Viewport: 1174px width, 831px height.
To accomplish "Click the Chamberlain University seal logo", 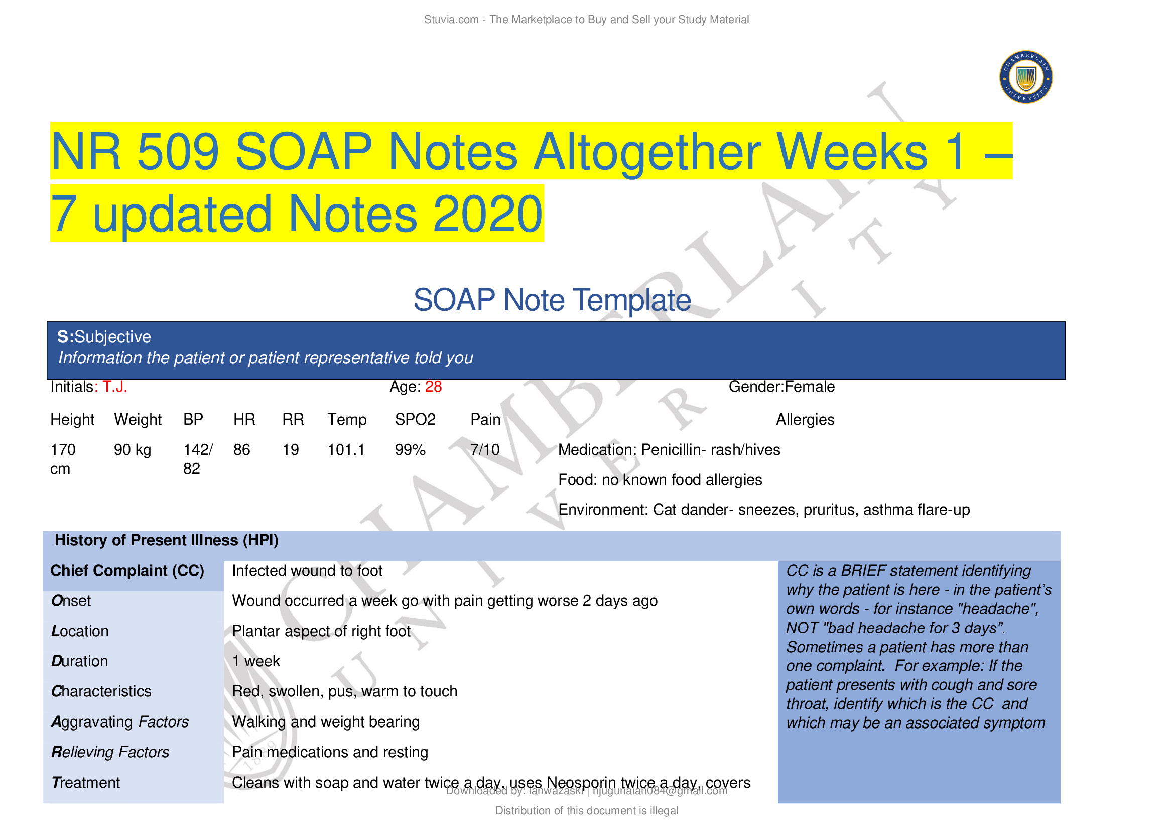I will pyautogui.click(x=1025, y=77).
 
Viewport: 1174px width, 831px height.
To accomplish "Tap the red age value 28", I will pyautogui.click(x=433, y=387).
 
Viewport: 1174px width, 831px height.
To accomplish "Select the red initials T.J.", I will pyautogui.click(x=114, y=387).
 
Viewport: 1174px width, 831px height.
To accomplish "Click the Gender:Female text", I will pyautogui.click(x=781, y=387).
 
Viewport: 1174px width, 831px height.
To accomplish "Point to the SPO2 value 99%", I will pyautogui.click(x=410, y=450).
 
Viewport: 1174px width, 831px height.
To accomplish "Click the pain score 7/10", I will pyautogui.click(x=485, y=450).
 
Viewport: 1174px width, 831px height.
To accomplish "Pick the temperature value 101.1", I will pyautogui.click(x=346, y=450).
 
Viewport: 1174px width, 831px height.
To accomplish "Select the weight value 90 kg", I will pyautogui.click(x=133, y=450).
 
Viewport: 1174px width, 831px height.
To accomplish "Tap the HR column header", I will pyautogui.click(x=244, y=420).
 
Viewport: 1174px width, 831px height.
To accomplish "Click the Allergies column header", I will pyautogui.click(x=805, y=420).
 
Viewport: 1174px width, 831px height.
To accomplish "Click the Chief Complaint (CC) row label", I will pyautogui.click(x=127, y=571).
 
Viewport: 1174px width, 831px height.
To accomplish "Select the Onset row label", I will pyautogui.click(x=71, y=601).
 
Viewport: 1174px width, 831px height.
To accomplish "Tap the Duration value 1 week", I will pyautogui.click(x=255, y=661).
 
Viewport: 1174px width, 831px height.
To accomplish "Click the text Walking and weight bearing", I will pyautogui.click(x=326, y=722).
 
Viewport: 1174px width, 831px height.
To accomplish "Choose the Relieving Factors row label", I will pyautogui.click(x=110, y=752).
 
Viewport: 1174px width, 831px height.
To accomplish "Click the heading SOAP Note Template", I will pyautogui.click(x=552, y=300).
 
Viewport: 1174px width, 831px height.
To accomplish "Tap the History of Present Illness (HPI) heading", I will pyautogui.click(x=167, y=541).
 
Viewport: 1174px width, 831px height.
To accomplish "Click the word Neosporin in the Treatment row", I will pyautogui.click(x=581, y=782).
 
